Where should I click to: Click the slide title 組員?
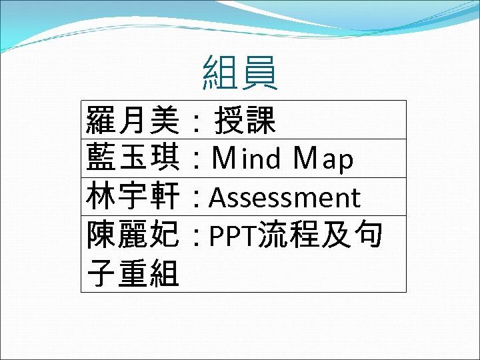coord(240,73)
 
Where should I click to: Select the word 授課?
coord(245,121)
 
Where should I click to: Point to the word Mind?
coord(246,159)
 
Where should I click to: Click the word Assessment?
coord(285,198)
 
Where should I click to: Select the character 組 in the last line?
coord(164,273)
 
